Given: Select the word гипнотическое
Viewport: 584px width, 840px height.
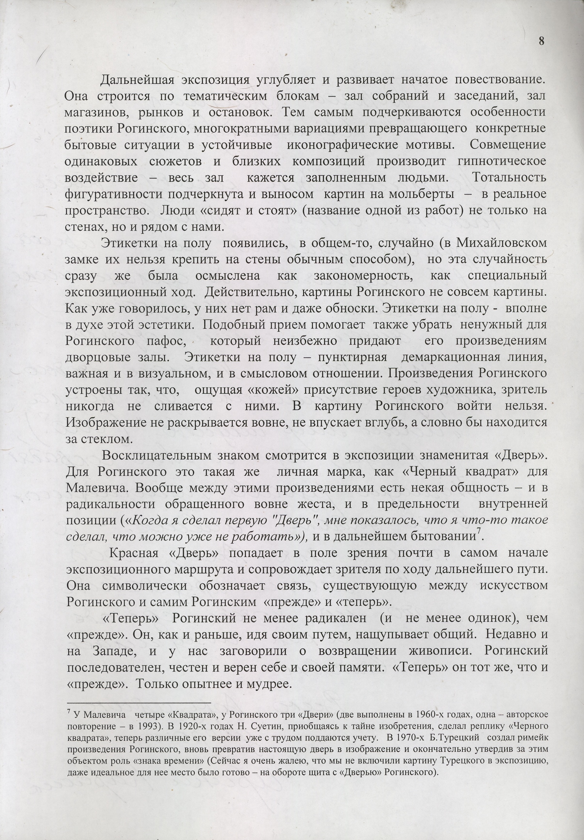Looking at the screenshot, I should click(502, 161).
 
